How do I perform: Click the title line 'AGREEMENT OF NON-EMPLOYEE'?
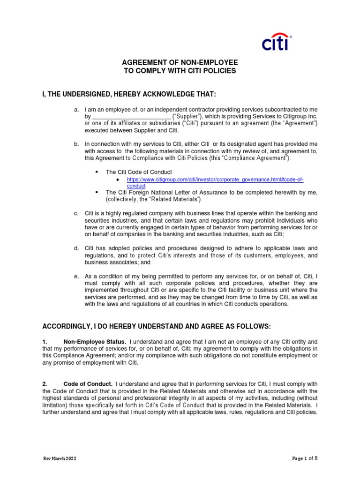[180, 62]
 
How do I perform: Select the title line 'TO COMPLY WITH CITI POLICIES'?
[180, 71]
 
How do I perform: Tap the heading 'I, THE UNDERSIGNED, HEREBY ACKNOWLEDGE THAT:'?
[129, 95]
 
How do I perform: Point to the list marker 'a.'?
[76, 109]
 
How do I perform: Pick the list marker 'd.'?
[76, 247]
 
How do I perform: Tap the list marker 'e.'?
[76, 276]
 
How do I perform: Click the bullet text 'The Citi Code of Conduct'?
[139, 172]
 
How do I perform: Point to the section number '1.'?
[45, 342]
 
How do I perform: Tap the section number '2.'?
[45, 384]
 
